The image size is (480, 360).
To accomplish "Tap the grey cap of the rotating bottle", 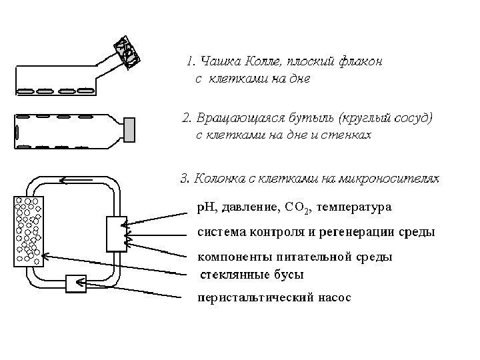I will click(129, 130).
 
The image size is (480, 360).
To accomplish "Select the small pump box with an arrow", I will click(76, 284).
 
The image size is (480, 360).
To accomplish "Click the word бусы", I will click(287, 274).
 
